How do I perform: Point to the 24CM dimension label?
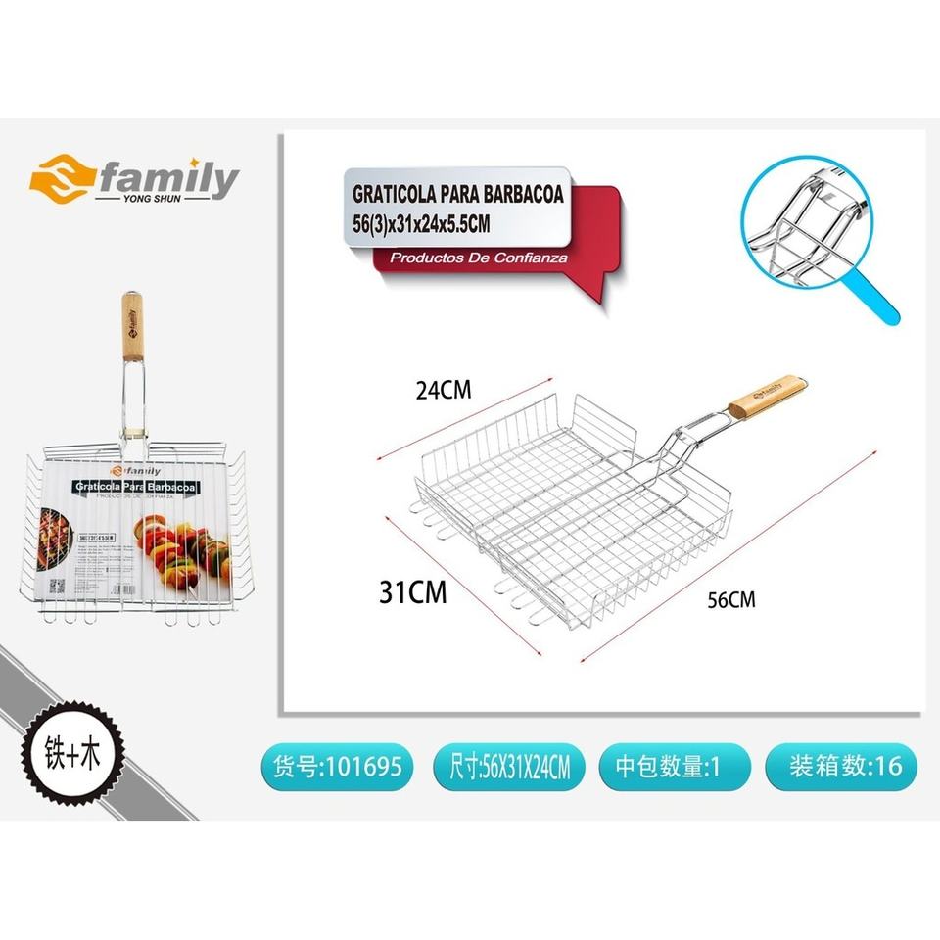coord(444,391)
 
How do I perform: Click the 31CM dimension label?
coord(413,591)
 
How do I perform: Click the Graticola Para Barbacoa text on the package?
coord(134,488)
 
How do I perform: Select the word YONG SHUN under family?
coord(153,199)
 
